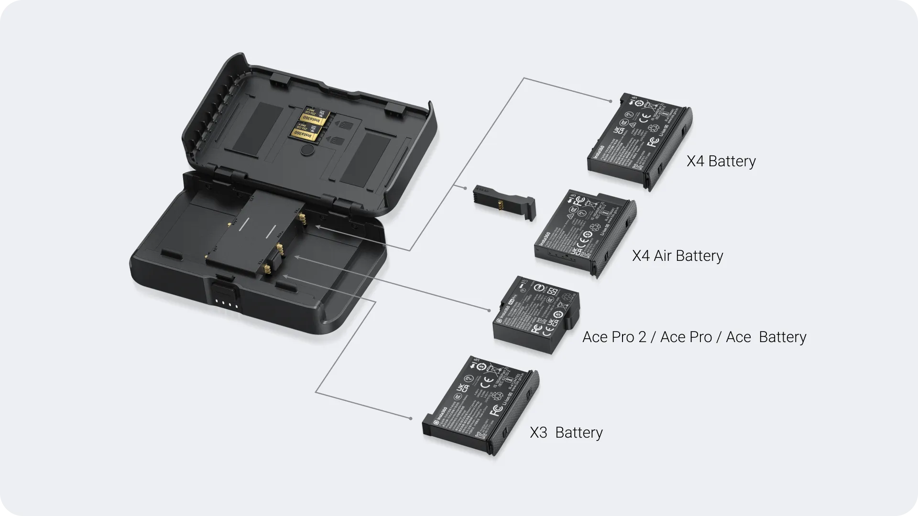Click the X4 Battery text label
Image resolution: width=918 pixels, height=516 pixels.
(x=721, y=161)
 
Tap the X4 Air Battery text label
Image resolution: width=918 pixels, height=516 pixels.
(x=678, y=256)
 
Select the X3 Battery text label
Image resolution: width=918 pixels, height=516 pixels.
(x=566, y=433)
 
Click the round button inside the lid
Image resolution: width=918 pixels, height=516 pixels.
(x=306, y=150)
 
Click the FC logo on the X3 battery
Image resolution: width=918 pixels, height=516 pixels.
(x=496, y=410)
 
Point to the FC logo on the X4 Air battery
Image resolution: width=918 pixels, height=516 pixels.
(x=579, y=201)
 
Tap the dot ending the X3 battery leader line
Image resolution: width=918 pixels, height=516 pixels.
(x=411, y=419)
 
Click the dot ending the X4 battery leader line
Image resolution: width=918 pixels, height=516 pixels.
(x=611, y=101)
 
